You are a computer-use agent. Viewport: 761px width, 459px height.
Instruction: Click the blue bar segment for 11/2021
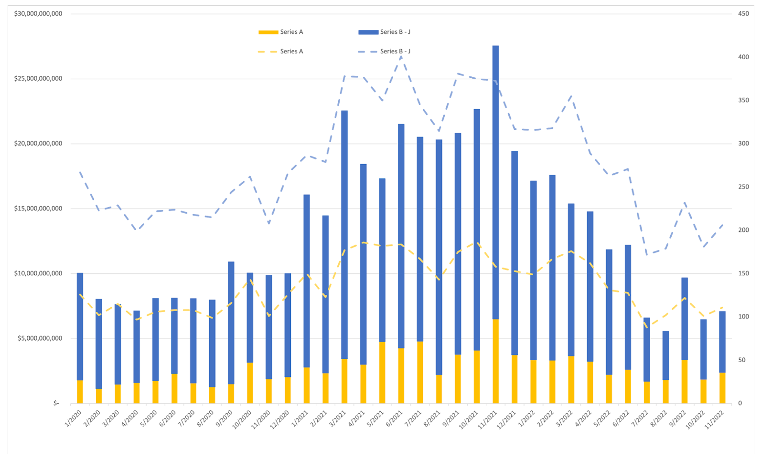point(495,181)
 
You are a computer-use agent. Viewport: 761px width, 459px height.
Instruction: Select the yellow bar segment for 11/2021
point(495,361)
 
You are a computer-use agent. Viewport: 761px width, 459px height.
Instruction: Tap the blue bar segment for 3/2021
point(344,234)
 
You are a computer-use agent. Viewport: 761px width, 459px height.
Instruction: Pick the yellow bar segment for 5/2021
point(382,373)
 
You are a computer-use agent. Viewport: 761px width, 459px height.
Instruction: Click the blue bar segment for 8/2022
point(665,355)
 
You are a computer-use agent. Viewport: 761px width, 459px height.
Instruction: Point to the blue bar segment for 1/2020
point(80,326)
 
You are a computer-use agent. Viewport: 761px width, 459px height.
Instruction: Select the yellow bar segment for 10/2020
point(250,383)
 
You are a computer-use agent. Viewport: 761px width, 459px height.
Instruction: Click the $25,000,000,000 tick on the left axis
point(38,79)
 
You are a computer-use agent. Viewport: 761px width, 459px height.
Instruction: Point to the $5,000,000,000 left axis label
point(40,339)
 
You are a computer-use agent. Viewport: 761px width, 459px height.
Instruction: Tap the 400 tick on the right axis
point(743,57)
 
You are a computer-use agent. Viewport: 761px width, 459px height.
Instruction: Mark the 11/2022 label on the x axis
point(715,420)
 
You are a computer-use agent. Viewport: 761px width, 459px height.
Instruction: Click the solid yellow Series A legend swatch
point(268,32)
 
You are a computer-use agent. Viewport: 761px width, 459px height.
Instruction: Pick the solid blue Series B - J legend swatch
point(368,32)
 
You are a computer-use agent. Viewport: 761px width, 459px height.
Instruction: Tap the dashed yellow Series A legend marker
point(268,52)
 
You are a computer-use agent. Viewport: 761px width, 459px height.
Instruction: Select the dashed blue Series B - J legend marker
point(368,52)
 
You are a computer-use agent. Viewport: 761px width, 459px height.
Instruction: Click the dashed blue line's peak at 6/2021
point(401,56)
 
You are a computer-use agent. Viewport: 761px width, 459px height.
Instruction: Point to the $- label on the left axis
point(56,404)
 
